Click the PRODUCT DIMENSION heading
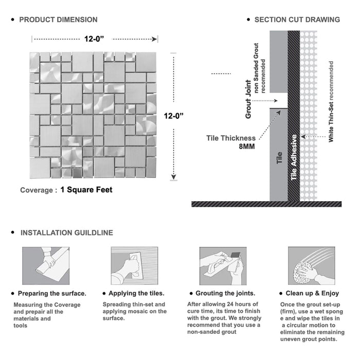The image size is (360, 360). point(58,20)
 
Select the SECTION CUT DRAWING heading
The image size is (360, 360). point(297,20)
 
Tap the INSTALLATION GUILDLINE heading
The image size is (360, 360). point(66,233)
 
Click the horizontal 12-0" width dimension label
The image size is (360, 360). point(95,39)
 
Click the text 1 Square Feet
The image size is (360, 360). point(86,190)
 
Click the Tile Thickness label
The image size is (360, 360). point(231,138)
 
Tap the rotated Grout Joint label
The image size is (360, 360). point(248,99)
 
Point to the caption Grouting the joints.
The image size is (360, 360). point(225,294)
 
